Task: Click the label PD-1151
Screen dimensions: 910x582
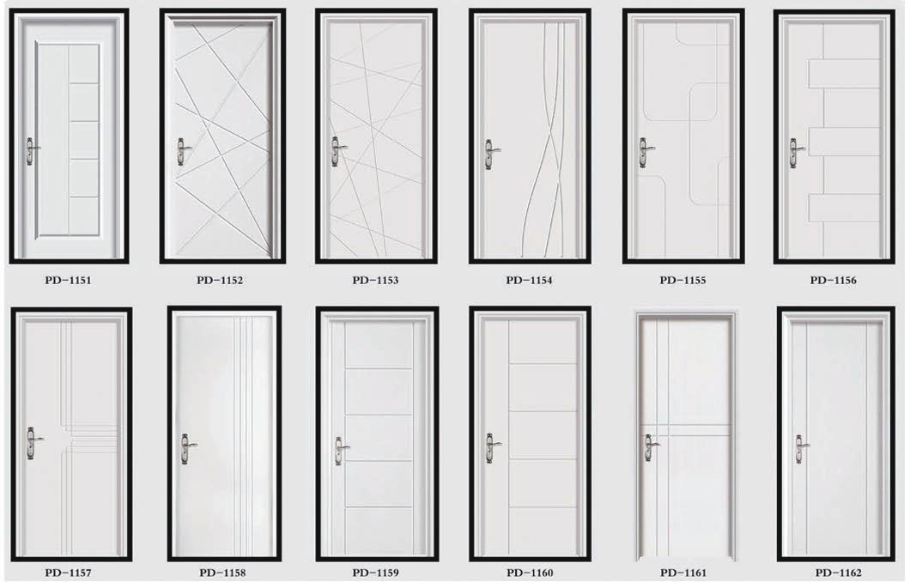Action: [x=68, y=280]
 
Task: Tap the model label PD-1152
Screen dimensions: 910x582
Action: [x=220, y=280]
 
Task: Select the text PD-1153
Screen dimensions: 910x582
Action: [x=375, y=280]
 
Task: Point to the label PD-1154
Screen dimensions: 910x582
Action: [x=529, y=280]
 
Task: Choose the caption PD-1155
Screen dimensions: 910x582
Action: [x=682, y=280]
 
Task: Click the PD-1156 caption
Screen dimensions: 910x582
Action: [x=834, y=280]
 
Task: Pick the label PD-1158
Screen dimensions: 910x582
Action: [x=222, y=573]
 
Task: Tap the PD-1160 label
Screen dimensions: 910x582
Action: [x=530, y=573]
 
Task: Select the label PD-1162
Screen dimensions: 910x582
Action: [x=838, y=573]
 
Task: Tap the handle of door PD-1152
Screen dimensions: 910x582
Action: [x=183, y=153]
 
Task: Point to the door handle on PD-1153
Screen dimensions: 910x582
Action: [x=337, y=151]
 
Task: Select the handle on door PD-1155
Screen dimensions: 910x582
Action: [x=645, y=153]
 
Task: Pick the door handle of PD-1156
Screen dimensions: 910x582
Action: [x=795, y=153]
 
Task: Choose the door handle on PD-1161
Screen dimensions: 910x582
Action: [x=651, y=447]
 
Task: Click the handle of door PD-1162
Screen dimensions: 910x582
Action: [x=801, y=449]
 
